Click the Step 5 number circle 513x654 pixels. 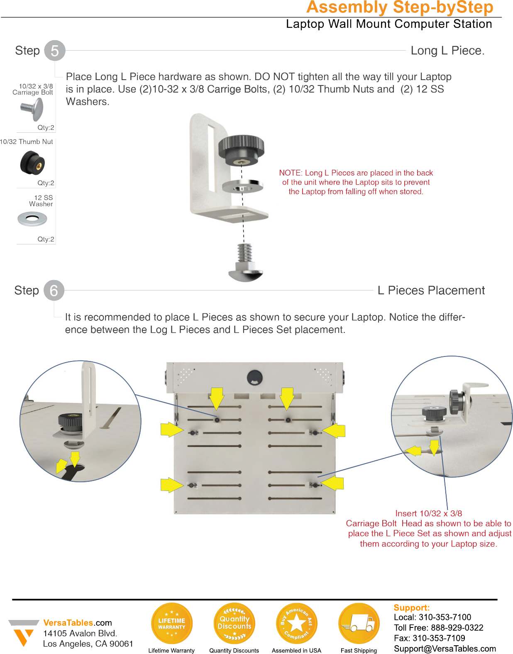click(55, 51)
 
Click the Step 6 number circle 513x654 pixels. click(54, 290)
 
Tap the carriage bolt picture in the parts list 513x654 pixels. click(33, 110)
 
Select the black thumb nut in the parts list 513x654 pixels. click(32, 163)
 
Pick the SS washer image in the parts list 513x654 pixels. click(32, 219)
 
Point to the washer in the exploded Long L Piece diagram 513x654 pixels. click(243, 186)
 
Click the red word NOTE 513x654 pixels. click(290, 173)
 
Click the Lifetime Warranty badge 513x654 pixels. click(172, 623)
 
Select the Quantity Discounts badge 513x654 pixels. click(235, 623)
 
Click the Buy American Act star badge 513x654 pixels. click(296, 623)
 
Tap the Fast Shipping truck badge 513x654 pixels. click(359, 623)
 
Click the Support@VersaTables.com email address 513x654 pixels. click(445, 649)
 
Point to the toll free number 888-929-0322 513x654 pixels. click(457, 628)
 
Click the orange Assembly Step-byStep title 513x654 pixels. click(400, 7)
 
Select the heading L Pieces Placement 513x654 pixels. click(431, 290)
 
